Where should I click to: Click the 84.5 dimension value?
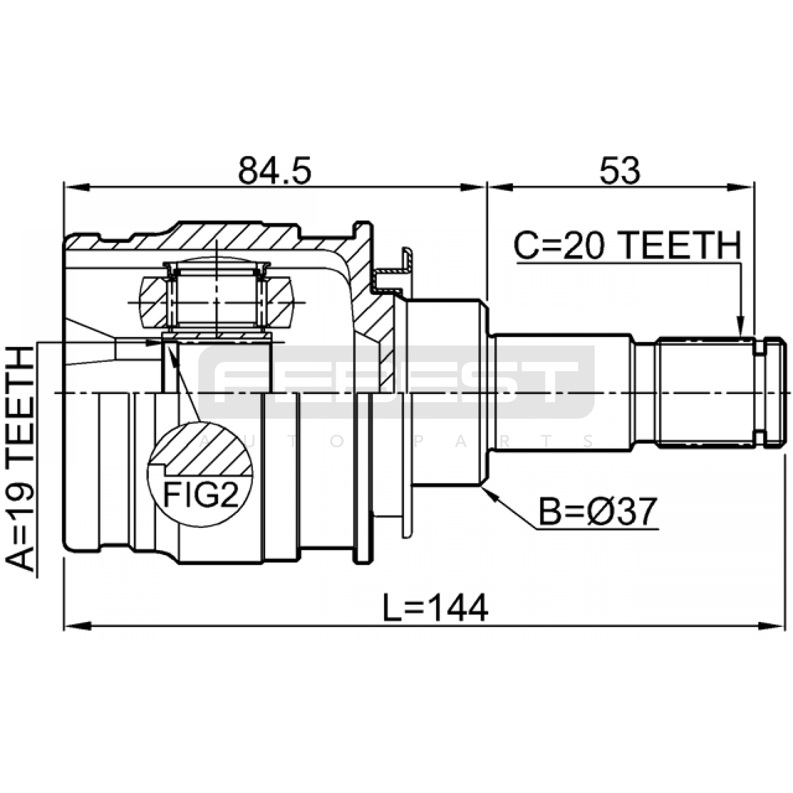coord(275,171)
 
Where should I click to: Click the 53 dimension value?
coord(620,171)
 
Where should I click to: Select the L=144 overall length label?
coord(436,608)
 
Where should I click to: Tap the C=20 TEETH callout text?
coord(627,246)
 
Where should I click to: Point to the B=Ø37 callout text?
coord(598,511)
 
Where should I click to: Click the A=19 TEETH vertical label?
coord(20,459)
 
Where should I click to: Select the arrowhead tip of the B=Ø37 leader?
coord(482,487)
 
